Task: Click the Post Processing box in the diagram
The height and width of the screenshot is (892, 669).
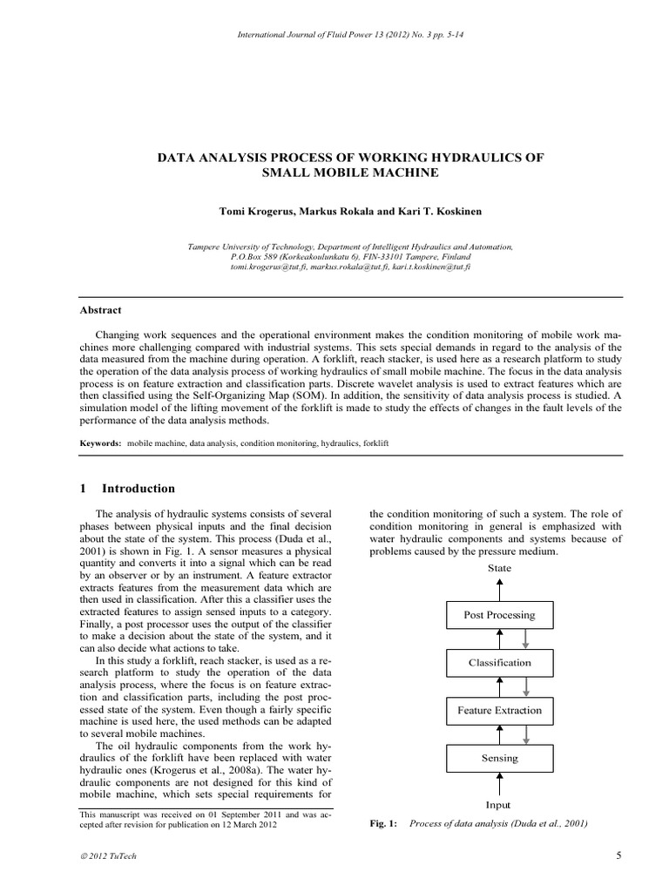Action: (499, 615)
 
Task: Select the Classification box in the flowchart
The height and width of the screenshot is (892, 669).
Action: (499, 663)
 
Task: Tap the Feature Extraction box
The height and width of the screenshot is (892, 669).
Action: (499, 711)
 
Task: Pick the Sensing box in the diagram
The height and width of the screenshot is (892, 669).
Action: (499, 758)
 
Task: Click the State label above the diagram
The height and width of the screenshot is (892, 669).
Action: (499, 568)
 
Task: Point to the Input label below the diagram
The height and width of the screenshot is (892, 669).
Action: (498, 805)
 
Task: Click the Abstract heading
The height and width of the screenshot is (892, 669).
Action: (101, 310)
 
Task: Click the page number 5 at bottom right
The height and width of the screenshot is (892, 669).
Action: (618, 855)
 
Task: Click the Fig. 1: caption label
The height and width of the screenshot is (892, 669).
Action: (383, 823)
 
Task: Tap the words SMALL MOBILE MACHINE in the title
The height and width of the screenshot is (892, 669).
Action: (350, 173)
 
